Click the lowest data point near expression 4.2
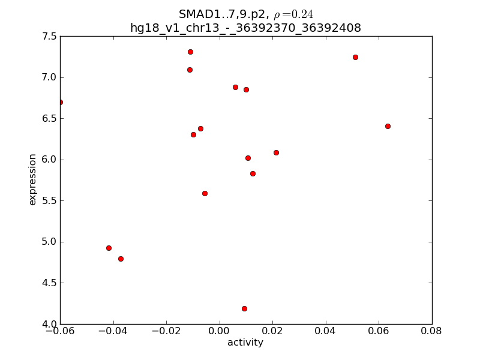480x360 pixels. click(244, 308)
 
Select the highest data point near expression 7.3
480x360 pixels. click(190, 52)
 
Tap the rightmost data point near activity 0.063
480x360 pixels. click(388, 126)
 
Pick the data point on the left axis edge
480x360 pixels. click(60, 102)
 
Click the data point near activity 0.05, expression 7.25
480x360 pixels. click(355, 57)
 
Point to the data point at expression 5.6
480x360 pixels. click(205, 193)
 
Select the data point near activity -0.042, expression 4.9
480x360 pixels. click(109, 248)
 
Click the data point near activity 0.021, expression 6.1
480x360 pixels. click(276, 152)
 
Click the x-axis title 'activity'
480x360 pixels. click(245, 343)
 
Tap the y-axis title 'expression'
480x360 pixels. click(32, 179)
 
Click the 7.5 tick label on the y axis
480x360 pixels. click(50, 37)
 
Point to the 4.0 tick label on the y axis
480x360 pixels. click(50, 324)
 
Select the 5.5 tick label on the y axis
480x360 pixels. click(50, 201)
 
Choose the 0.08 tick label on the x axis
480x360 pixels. click(431, 331)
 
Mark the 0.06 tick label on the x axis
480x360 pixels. click(379, 331)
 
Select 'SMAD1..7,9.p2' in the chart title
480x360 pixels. click(221, 14)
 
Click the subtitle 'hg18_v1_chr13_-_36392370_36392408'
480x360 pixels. click(245, 28)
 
